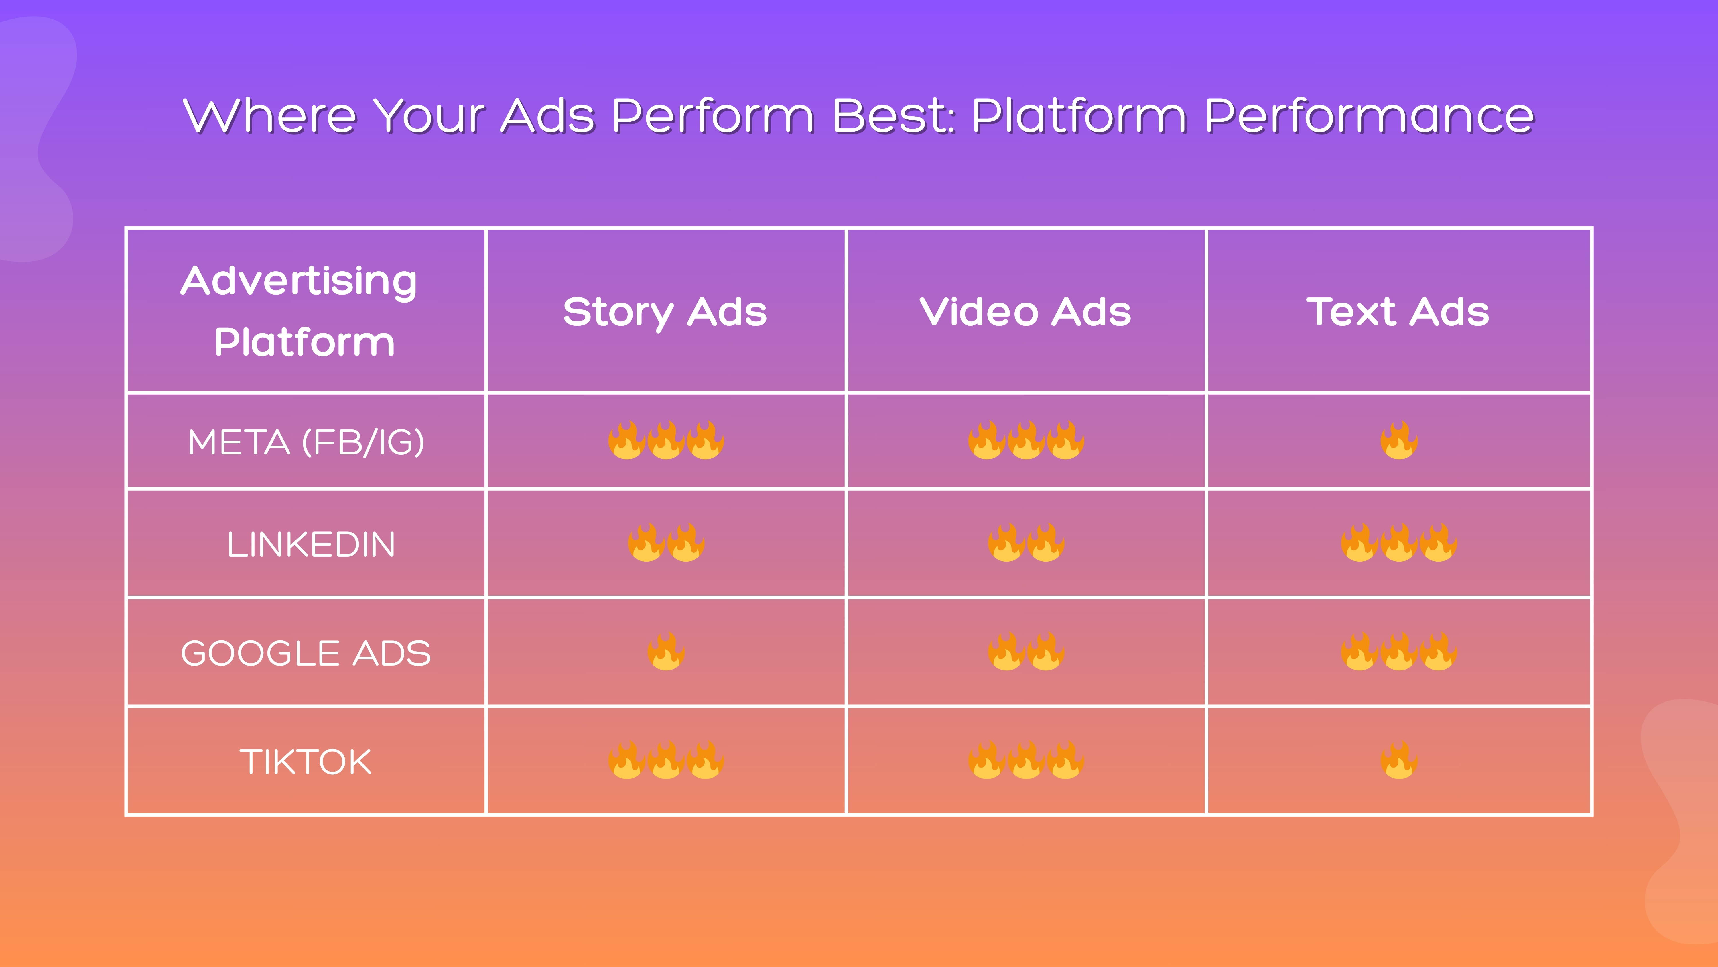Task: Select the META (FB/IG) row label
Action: tap(306, 442)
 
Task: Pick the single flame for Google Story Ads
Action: tap(666, 652)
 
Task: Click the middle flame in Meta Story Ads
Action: tap(666, 440)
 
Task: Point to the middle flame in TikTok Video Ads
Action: tap(1027, 761)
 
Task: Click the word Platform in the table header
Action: tap(305, 342)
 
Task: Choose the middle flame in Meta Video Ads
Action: tap(1027, 440)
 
